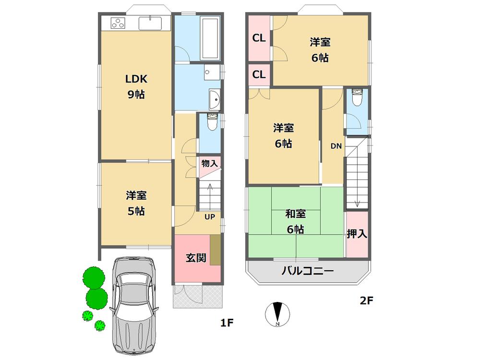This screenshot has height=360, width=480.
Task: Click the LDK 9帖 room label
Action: coord(136,86)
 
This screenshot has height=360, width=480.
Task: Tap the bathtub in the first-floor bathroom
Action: coord(210,38)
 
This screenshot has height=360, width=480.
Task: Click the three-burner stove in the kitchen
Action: coord(118,23)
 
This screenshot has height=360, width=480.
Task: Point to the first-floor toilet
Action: coord(210,123)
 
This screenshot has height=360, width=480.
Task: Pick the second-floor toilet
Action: coord(357,98)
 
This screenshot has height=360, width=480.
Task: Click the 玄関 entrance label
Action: coord(196,257)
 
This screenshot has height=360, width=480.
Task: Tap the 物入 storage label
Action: coord(210,163)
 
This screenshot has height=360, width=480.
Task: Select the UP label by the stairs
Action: coord(210,216)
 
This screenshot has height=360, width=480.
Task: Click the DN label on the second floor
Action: coord(336,146)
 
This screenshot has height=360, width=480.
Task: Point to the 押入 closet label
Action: coord(357,234)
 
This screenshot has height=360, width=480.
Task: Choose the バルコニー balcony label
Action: coord(307,271)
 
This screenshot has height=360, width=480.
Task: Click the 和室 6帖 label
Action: coord(295,221)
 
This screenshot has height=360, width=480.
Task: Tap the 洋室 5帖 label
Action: coord(136,203)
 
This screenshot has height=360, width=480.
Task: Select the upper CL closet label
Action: coord(259,38)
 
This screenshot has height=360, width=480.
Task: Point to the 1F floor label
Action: coord(227,323)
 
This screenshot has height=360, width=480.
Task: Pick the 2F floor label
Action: coord(367,301)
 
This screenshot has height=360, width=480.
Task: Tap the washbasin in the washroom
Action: coord(214,99)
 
